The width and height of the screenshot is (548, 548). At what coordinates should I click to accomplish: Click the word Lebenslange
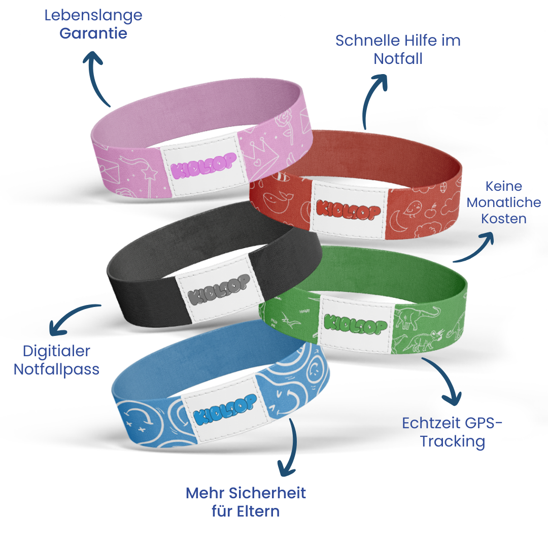point(93,16)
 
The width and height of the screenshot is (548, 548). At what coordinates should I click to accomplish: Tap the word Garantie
point(93,33)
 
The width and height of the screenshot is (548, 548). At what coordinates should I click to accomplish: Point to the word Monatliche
point(503,202)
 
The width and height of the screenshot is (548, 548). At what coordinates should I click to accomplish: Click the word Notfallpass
point(56,368)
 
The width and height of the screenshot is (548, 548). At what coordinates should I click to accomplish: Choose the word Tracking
point(452,441)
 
